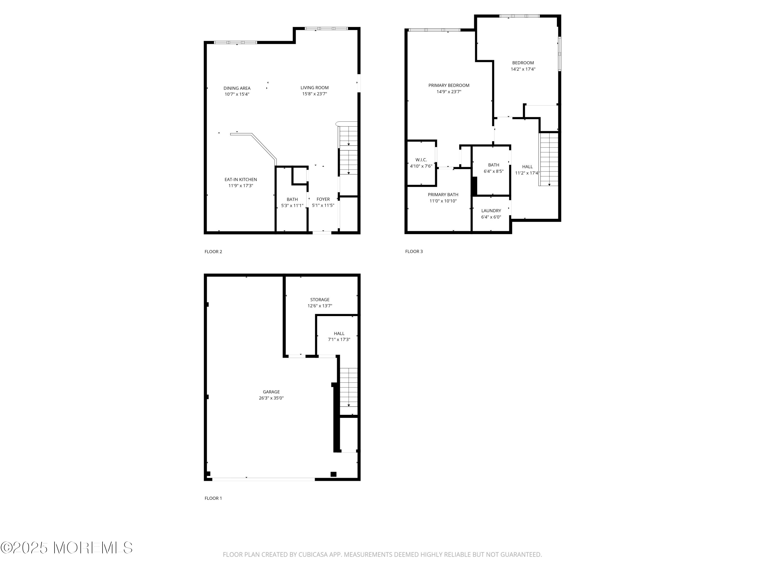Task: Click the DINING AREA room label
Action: click(237, 88)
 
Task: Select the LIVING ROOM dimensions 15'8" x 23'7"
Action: click(314, 94)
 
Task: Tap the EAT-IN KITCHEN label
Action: click(241, 180)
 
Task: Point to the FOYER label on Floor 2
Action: click(323, 199)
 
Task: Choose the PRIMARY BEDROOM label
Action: click(449, 85)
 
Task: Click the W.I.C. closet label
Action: click(421, 160)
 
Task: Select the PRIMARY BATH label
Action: click(443, 195)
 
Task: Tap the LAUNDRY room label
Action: click(491, 211)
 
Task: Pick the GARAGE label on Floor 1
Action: click(271, 392)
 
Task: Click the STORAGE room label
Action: click(320, 300)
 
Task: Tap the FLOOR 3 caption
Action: click(414, 252)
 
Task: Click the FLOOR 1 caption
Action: click(213, 498)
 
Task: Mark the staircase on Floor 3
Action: click(549, 159)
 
